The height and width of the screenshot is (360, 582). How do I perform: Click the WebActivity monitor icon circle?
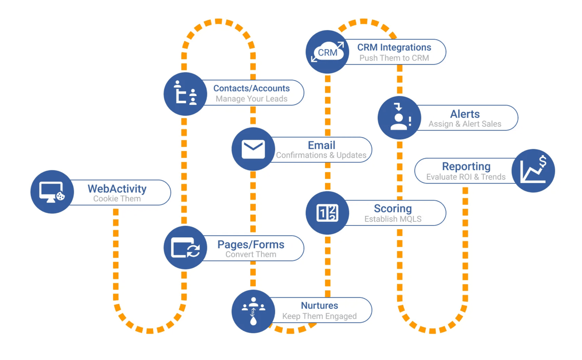[52, 192]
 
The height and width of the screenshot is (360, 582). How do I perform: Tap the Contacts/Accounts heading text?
[251, 88]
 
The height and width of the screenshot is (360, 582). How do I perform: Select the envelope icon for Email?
[253, 149]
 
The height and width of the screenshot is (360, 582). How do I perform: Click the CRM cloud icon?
[327, 52]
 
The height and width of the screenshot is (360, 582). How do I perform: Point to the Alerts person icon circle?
[399, 118]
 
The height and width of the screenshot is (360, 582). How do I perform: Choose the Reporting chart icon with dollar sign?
[533, 170]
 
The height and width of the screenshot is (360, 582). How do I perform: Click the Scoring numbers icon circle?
[327, 213]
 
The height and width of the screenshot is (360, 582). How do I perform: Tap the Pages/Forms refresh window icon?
[186, 248]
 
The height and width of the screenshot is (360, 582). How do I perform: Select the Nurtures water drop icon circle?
[253, 311]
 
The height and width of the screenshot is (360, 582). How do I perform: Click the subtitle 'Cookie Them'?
[117, 199]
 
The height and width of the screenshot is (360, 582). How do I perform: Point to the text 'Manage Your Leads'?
[251, 99]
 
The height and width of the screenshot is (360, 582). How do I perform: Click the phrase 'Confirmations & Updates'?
[321, 155]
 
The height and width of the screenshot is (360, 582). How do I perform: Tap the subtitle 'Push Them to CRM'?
[394, 58]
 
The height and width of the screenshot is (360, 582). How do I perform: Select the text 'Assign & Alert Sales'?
[465, 124]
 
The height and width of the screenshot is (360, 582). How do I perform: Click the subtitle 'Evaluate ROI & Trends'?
[466, 177]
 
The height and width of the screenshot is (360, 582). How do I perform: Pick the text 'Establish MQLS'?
[393, 219]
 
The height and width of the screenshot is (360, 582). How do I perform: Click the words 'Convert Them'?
[251, 254]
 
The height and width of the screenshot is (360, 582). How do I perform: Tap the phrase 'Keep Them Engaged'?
[319, 316]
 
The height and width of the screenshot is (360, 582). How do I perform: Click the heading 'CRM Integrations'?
[394, 47]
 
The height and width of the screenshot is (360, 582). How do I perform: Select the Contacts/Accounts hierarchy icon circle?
[186, 94]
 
